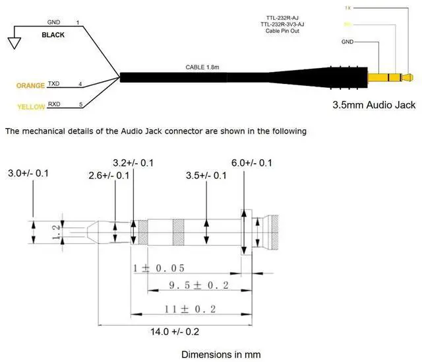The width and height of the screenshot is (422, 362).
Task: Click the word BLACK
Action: [53, 35]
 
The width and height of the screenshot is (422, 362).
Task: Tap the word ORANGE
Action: [30, 85]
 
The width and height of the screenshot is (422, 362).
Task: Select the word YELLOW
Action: [30, 106]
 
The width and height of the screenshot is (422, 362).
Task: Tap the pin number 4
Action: [80, 85]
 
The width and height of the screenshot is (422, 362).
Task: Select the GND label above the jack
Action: [348, 42]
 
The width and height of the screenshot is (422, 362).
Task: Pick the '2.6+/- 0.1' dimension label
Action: [109, 175]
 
